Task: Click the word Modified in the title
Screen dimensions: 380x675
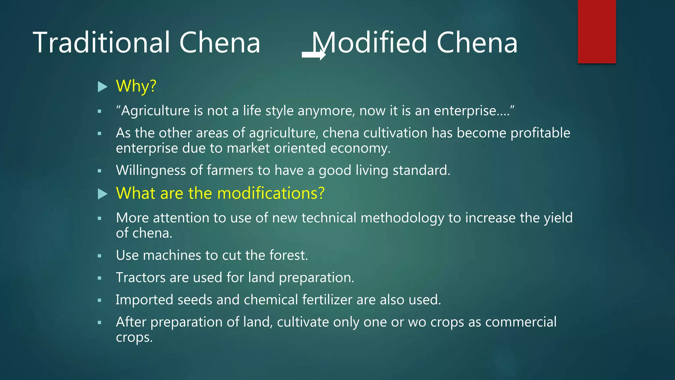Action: [x=369, y=43]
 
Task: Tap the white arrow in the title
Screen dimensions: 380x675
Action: [x=313, y=55]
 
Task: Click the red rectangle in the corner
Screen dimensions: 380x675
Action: [x=597, y=31]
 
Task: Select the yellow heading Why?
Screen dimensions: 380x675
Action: [x=136, y=86]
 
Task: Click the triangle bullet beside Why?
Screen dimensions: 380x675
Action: [x=103, y=87]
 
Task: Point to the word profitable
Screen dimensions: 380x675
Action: [x=540, y=133]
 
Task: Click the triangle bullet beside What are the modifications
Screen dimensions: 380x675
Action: [x=103, y=194]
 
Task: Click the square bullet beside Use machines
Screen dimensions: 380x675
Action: [x=100, y=256]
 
